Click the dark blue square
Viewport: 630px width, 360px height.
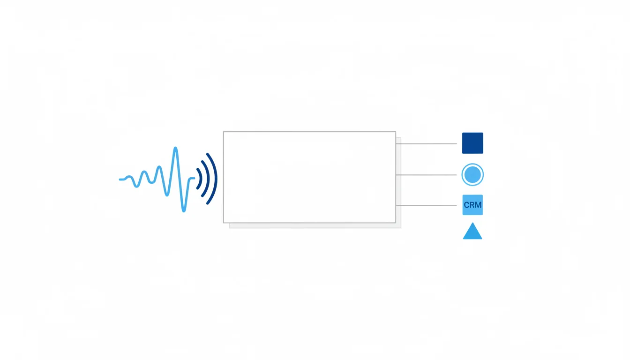coord(472,143)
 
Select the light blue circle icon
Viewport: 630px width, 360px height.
coord(472,175)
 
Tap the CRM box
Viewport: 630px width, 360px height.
coord(472,205)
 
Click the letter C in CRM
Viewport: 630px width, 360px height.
coord(466,205)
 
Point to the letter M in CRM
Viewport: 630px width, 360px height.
coord(479,205)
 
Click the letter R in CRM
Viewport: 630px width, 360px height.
coord(472,205)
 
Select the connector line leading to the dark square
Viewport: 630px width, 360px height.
coord(427,144)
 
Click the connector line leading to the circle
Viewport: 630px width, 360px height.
coord(427,175)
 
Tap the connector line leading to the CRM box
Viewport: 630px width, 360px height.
coord(427,206)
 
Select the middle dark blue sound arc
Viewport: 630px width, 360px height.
coord(209,179)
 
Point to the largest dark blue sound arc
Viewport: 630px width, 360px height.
coord(216,179)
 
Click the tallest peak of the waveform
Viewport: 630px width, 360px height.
coord(175,148)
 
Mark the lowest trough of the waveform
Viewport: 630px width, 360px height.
coord(184,210)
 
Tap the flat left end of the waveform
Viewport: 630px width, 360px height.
coord(121,179)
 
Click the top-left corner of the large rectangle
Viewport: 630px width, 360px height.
coord(224,132)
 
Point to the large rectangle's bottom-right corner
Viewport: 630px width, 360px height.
coord(396,223)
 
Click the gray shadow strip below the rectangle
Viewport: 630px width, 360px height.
coord(315,225)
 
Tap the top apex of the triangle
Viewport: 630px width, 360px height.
coord(473,223)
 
